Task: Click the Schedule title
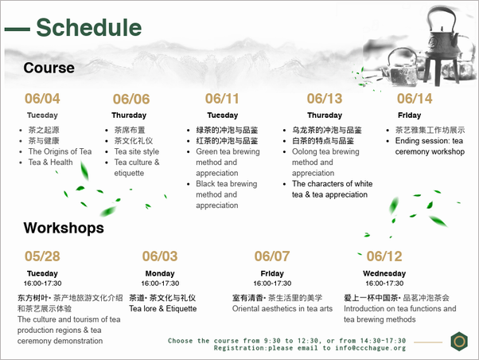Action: click(89, 28)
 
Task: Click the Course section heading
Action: click(49, 68)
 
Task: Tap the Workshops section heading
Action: click(64, 228)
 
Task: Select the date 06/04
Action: click(42, 99)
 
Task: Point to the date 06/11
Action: click(222, 99)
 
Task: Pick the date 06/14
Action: click(415, 99)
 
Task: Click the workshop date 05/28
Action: click(42, 256)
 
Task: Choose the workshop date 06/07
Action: click(272, 256)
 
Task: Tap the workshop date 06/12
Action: click(384, 256)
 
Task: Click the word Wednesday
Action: click(384, 273)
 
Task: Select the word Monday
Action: click(160, 273)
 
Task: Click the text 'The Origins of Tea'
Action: click(60, 151)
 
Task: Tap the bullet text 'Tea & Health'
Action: click(50, 162)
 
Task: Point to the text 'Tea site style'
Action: click(137, 151)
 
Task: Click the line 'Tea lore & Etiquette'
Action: click(163, 308)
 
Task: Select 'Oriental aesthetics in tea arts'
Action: click(282, 308)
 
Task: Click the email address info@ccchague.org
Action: click(370, 348)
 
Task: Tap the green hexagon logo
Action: click(459, 341)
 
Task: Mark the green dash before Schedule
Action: click(18, 29)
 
